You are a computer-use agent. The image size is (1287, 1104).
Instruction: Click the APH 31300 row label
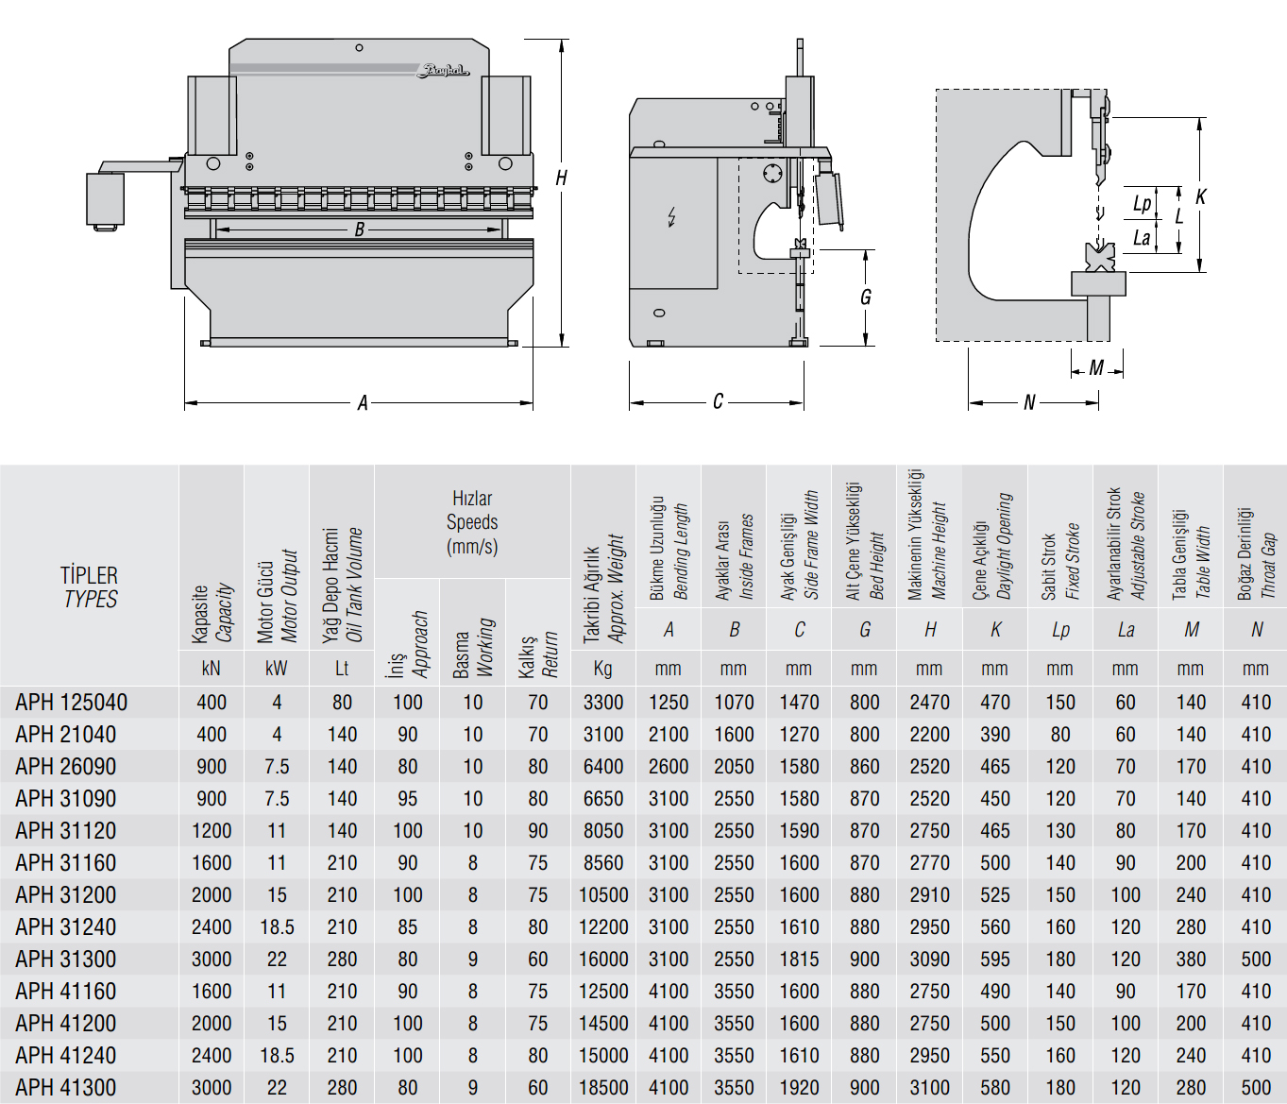65,959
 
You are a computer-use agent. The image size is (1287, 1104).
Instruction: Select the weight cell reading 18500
603,1087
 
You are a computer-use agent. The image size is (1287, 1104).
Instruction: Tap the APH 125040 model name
71,703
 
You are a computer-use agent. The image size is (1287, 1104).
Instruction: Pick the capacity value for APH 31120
212,831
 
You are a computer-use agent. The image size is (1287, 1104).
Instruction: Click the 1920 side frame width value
800,1087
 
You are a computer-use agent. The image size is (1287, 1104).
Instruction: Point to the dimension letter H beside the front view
561,178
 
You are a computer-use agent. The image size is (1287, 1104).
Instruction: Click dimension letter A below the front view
363,403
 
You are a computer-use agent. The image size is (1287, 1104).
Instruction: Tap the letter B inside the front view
359,229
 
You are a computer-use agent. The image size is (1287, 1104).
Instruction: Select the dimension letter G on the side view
866,297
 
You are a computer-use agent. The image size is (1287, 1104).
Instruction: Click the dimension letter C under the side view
718,401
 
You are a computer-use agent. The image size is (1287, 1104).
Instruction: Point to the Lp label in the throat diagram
1142,204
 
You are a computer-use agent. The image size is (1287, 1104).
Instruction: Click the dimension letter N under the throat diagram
1029,403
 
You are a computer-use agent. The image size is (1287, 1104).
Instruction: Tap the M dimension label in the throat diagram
1096,368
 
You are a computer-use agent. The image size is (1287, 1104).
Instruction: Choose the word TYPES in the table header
91,599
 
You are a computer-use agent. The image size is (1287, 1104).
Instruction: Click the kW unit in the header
277,669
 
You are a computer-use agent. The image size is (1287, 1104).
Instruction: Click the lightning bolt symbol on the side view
672,217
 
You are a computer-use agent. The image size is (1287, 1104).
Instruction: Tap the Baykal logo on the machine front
442,71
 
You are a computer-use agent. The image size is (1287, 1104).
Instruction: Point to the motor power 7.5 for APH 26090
277,767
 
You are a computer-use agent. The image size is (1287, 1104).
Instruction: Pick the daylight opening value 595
995,959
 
